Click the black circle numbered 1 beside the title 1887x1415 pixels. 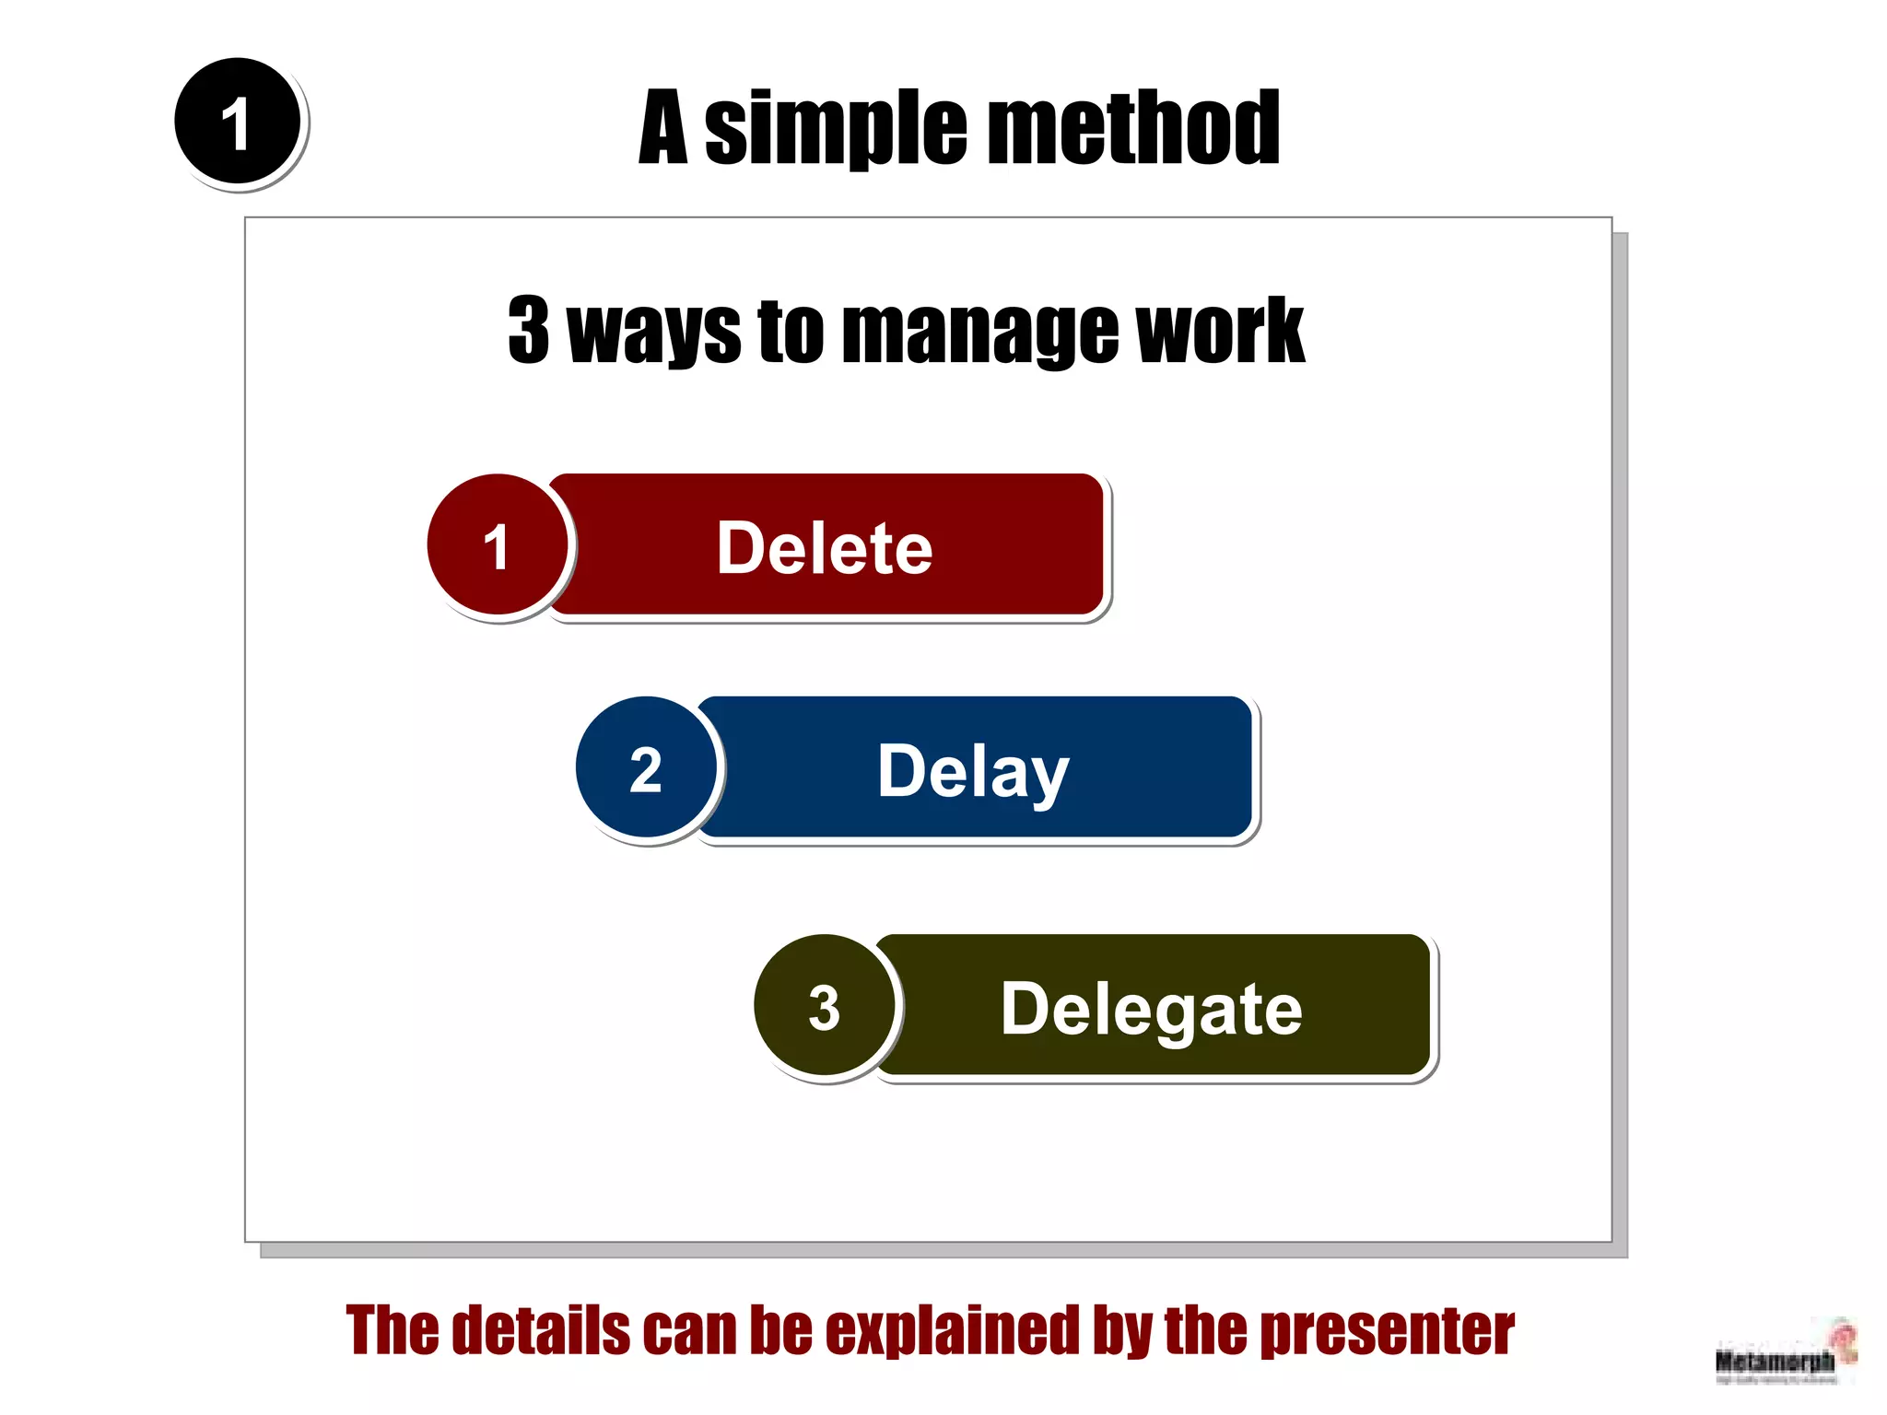238,122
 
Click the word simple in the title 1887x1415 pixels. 836,129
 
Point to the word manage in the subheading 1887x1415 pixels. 979,332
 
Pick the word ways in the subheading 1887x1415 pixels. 653,332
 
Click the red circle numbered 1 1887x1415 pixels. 498,545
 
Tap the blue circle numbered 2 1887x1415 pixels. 646,768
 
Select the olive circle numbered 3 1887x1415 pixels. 824,1006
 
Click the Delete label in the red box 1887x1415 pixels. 825,548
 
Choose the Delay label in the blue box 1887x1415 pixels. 973,772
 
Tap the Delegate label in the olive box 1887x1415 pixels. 1151,1010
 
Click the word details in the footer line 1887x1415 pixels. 541,1330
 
